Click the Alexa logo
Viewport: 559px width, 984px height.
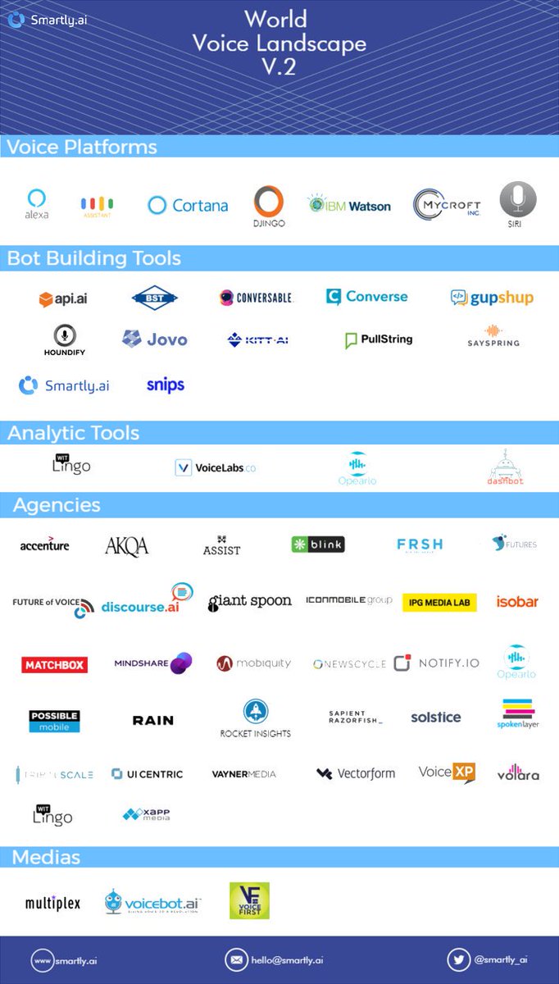coord(36,203)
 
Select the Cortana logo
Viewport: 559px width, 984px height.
coord(188,205)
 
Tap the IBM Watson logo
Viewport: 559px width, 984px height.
coord(349,205)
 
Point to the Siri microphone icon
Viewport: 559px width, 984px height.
coord(518,200)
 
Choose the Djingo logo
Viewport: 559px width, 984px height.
coord(268,206)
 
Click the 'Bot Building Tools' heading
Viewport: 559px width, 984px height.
coord(94,258)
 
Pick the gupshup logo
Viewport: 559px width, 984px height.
coord(492,297)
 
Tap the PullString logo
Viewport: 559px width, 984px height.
coord(379,339)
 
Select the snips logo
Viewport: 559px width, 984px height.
coord(166,385)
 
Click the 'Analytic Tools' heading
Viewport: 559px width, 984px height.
coord(74,433)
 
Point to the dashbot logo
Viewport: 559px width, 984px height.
coord(506,468)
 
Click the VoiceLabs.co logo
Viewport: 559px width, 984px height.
coord(216,467)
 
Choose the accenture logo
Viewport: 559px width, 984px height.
coord(45,544)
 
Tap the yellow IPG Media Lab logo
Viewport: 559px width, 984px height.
coord(439,603)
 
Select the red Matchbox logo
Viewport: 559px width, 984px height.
coord(54,664)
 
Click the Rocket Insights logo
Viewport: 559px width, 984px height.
coord(255,717)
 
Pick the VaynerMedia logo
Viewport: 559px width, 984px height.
coord(243,774)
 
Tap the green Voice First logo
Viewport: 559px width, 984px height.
coord(249,900)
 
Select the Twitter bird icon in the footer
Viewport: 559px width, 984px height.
coord(458,959)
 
